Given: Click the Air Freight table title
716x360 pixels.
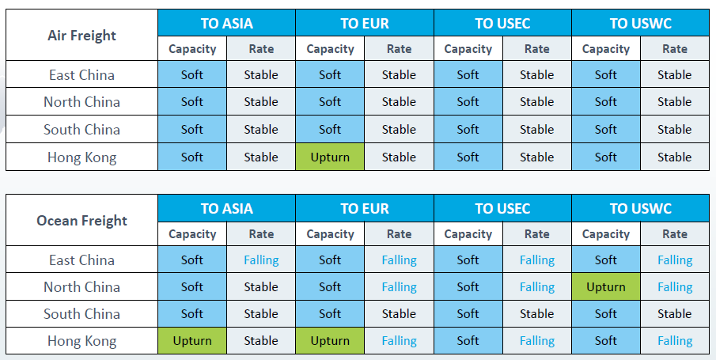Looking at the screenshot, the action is pyautogui.click(x=81, y=36).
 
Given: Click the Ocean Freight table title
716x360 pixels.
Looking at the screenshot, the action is pyautogui.click(x=81, y=221).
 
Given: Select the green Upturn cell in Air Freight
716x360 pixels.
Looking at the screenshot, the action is pyautogui.click(x=330, y=157).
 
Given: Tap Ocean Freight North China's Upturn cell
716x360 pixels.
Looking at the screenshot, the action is pyautogui.click(x=606, y=287).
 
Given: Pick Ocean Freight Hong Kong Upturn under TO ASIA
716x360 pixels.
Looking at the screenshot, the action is pyautogui.click(x=192, y=341).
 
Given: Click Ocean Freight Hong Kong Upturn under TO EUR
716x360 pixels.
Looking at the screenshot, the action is pyautogui.click(x=330, y=341).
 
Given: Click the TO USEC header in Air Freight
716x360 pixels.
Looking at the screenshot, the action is pyautogui.click(x=502, y=23).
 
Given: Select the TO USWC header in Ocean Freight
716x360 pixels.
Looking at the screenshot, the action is pyautogui.click(x=641, y=208).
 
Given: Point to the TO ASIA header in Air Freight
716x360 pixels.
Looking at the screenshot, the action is pyautogui.click(x=226, y=23).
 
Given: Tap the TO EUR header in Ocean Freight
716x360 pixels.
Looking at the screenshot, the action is pyautogui.click(x=365, y=208).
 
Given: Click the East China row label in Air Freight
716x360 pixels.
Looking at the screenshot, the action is pyautogui.click(x=81, y=75).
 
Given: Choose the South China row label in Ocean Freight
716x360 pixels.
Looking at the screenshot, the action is pyautogui.click(x=81, y=314).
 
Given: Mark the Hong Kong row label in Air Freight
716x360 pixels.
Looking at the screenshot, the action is pyautogui.click(x=81, y=157).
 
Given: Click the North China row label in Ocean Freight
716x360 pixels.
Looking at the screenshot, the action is pyautogui.click(x=81, y=287).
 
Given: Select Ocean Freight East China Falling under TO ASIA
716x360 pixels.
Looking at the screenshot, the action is pyautogui.click(x=261, y=260).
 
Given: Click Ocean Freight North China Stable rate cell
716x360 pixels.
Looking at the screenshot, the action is pyautogui.click(x=261, y=287).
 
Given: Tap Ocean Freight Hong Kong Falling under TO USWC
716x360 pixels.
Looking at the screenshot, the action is pyautogui.click(x=675, y=341).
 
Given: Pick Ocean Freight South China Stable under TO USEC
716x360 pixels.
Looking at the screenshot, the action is pyautogui.click(x=537, y=314).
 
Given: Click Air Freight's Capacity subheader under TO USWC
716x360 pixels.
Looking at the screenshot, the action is pyautogui.click(x=606, y=49).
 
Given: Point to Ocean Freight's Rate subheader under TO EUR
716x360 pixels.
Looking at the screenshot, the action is pyautogui.click(x=399, y=234).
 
